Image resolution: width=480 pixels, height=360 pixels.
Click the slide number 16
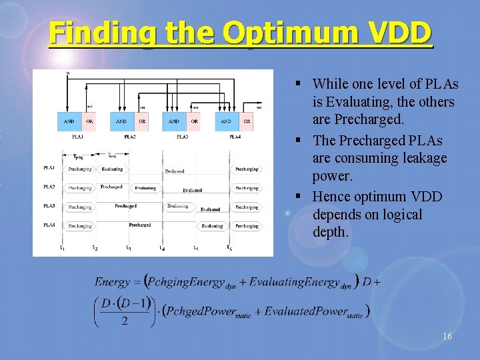click(447, 337)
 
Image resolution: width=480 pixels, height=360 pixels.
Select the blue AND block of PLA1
click(69, 121)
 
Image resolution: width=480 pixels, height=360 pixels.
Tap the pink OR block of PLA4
click(247, 121)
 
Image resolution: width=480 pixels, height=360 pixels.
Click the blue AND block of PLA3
click(173, 121)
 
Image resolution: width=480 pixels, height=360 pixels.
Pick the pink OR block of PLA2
click(142, 121)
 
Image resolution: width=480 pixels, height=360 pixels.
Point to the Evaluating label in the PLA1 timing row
click(112, 169)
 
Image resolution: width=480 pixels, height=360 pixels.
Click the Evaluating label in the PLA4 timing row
click(211, 226)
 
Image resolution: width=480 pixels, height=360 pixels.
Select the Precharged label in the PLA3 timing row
click(125, 206)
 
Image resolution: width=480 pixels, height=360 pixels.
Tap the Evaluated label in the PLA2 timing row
click(192, 190)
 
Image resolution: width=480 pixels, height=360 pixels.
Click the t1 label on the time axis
click(62, 249)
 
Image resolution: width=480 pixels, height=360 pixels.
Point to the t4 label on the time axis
click(162, 249)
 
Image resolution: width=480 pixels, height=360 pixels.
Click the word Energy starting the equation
click(112, 282)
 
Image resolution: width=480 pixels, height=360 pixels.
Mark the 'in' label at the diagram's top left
click(67, 73)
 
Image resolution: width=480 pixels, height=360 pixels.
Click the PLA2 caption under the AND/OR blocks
click(129, 137)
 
